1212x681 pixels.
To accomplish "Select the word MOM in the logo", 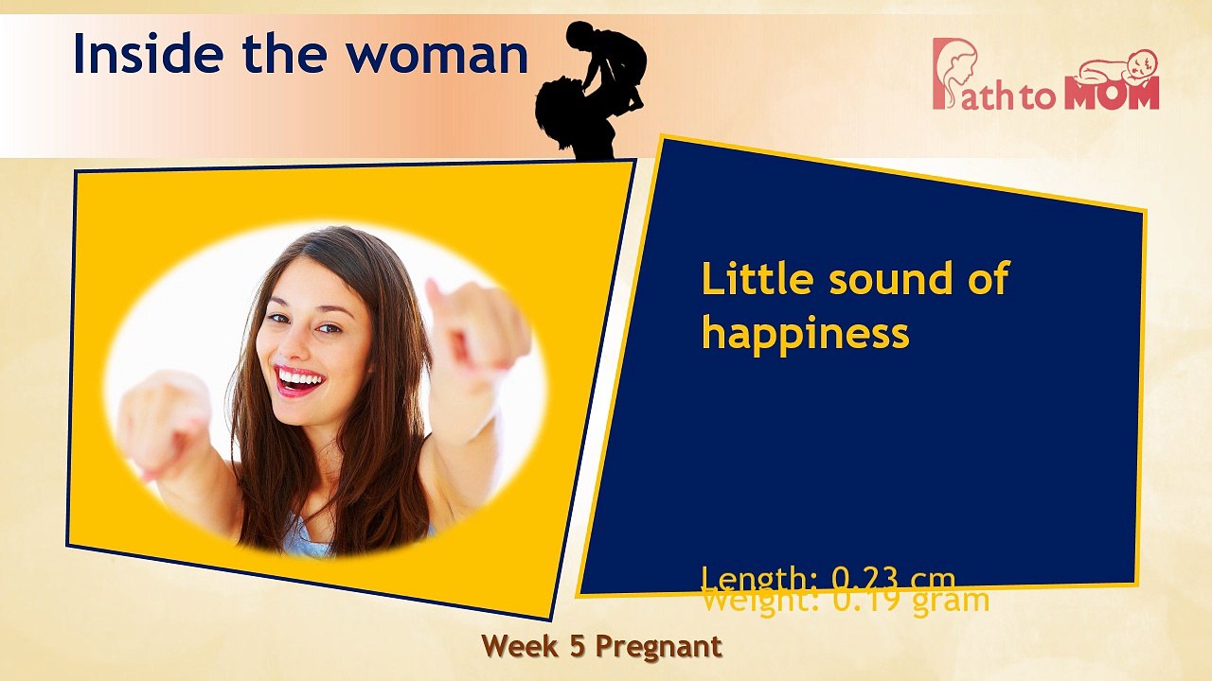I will click(x=1112, y=95).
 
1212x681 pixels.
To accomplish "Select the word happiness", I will click(x=805, y=333).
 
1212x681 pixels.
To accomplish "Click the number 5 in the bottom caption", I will click(x=575, y=646).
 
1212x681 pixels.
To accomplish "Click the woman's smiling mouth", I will click(x=301, y=380).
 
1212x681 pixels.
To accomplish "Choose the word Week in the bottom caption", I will click(x=519, y=646).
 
